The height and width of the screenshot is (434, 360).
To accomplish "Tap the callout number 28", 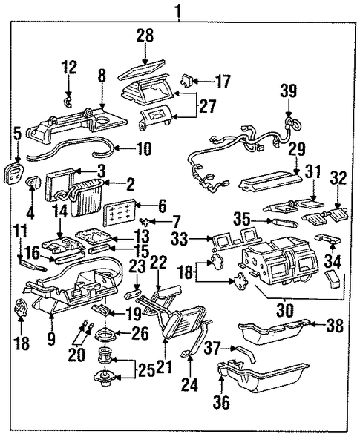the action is point(145,36).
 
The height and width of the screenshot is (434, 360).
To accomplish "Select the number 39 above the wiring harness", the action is point(289,91).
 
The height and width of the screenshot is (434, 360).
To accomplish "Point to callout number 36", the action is point(221,402).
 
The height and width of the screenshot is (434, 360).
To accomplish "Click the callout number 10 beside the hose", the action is point(143,148).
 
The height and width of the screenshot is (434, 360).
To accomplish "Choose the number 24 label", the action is point(190,384).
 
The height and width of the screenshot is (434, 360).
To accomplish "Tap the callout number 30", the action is point(286,311).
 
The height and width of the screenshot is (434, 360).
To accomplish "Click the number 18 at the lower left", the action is point(22,343).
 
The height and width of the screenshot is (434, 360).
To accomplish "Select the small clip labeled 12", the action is point(68,102).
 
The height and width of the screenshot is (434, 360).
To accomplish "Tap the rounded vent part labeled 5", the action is point(13,174).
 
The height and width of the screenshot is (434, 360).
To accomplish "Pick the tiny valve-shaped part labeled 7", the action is point(145,221).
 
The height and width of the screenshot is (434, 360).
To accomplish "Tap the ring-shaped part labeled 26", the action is point(107,335).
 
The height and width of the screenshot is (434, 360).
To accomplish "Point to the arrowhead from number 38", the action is point(312,323).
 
